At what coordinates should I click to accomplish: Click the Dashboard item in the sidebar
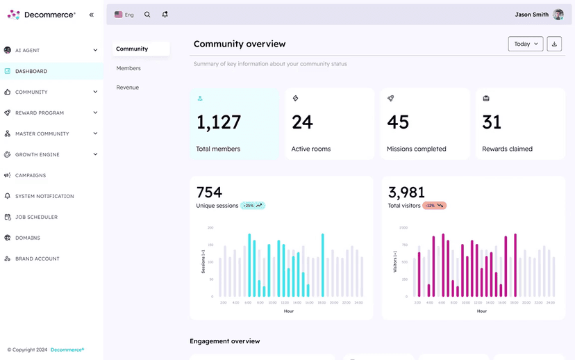click(31, 71)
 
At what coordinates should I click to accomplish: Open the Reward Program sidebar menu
click(40, 113)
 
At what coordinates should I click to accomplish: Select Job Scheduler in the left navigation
click(36, 217)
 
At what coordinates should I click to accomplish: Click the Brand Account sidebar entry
click(37, 259)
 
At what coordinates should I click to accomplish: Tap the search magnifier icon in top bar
click(147, 15)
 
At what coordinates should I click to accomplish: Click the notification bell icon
click(165, 15)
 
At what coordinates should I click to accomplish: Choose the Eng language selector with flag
click(124, 15)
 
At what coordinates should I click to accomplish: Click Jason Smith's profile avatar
click(558, 15)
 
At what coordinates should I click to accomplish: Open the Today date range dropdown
click(526, 44)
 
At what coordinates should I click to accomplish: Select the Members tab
click(128, 68)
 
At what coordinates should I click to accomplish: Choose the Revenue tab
click(127, 88)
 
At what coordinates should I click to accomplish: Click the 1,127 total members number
click(219, 122)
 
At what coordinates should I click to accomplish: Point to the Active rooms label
click(310, 149)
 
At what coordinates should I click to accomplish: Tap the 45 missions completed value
click(398, 122)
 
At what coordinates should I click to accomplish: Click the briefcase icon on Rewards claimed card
click(486, 99)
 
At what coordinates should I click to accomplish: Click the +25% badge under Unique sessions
click(253, 206)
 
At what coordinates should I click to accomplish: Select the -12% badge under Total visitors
click(435, 206)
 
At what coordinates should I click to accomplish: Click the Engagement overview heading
click(224, 341)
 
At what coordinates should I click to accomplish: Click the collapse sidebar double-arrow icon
click(92, 15)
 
